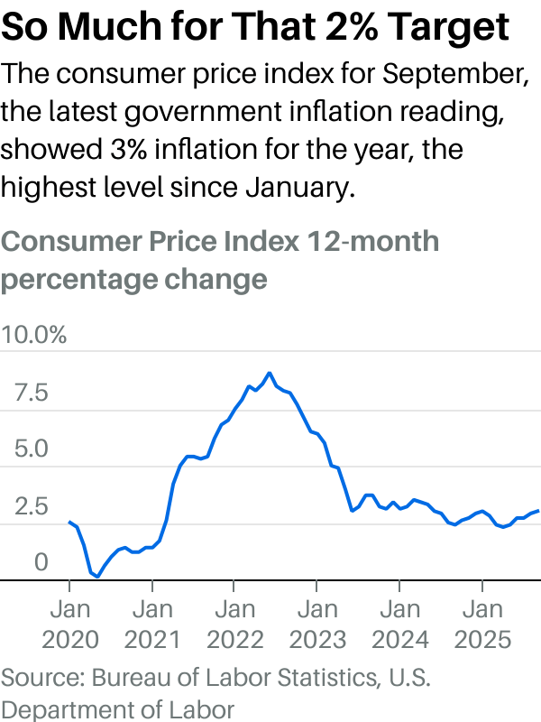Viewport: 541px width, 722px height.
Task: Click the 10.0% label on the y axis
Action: click(x=34, y=337)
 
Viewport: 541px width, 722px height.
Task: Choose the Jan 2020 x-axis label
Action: click(x=69, y=625)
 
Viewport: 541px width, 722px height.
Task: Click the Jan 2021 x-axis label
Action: click(x=152, y=625)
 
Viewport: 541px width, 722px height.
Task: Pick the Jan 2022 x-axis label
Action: click(x=235, y=625)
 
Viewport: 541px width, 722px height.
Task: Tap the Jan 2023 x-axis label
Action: click(x=317, y=625)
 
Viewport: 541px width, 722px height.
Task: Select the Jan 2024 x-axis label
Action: click(x=400, y=625)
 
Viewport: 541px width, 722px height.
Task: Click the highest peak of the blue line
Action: click(x=269, y=373)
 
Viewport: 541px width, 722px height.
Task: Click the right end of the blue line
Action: click(x=538, y=511)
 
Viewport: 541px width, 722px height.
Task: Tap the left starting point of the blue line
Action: click(x=69, y=522)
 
